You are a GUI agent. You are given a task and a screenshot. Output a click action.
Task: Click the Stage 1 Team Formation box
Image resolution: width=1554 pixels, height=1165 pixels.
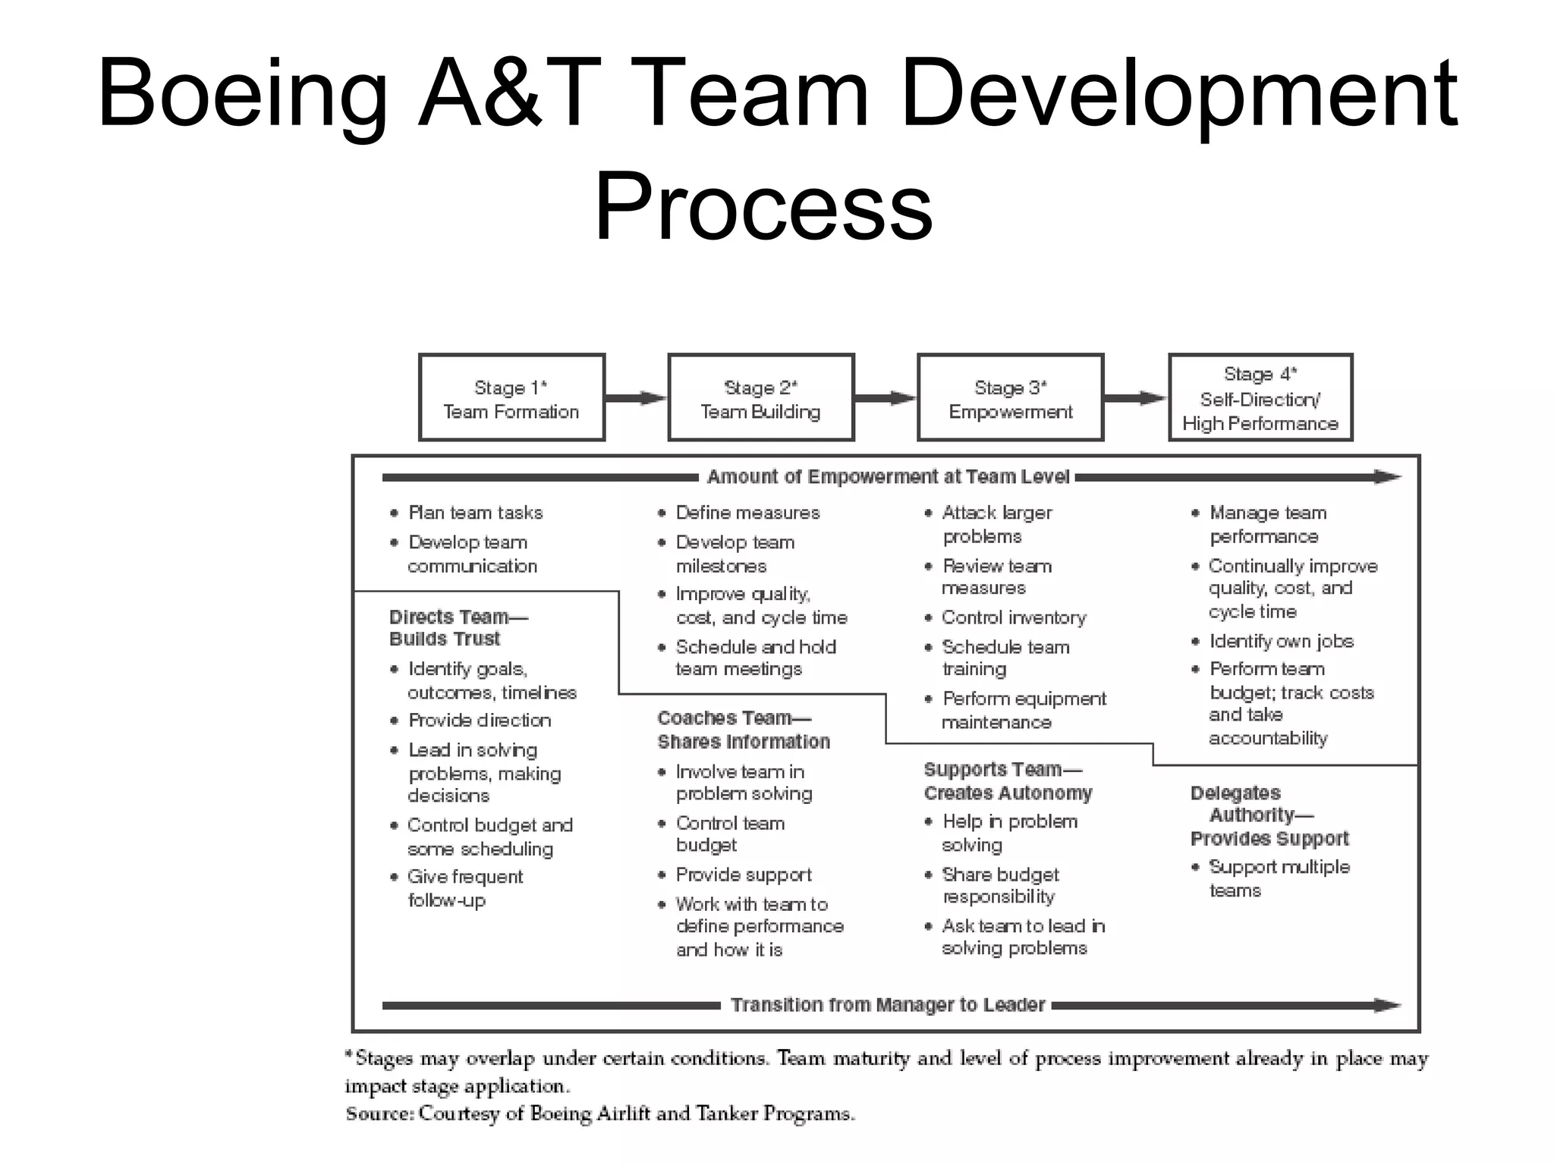pos(511,397)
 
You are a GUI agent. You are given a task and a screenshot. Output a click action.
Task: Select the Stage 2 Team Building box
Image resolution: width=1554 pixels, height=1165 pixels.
pos(760,397)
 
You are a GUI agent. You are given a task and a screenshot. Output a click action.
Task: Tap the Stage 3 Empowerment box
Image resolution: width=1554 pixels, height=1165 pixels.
pos(1010,397)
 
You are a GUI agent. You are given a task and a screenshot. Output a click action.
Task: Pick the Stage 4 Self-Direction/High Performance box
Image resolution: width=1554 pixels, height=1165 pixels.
pos(1260,397)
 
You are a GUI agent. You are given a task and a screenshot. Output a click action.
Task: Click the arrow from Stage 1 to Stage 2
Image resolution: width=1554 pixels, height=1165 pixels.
pos(636,398)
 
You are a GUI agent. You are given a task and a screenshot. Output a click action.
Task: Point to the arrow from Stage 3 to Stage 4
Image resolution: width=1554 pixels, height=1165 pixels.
pos(1135,398)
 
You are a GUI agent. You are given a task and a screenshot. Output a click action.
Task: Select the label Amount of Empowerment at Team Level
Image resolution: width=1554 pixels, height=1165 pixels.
pos(888,477)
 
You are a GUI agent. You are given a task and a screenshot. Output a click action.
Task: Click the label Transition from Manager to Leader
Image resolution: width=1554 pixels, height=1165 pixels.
pos(888,1005)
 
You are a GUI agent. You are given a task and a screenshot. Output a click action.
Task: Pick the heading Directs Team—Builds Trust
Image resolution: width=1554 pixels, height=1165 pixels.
pos(458,627)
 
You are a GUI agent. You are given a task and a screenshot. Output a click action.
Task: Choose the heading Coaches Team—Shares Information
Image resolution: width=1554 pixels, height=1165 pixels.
pos(743,730)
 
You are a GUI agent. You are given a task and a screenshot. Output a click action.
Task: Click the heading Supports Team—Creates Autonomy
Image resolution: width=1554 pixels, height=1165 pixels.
pos(1008,781)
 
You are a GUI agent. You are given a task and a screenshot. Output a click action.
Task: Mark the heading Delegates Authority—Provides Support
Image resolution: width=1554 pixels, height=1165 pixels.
pos(1269,815)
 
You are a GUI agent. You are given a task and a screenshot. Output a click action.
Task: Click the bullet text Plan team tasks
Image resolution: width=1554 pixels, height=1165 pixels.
pos(476,513)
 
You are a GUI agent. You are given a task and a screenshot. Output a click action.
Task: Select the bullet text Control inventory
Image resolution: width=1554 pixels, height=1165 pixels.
pos(1014,617)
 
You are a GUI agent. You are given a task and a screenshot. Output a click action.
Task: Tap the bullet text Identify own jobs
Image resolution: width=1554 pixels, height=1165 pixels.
pos(1281,641)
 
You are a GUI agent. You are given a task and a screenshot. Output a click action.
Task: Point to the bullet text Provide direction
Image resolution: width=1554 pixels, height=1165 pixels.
pos(480,720)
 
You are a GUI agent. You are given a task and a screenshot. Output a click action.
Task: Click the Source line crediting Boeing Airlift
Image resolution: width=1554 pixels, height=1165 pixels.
pos(600,1113)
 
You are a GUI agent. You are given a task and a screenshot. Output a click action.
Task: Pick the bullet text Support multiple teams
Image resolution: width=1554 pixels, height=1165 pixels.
pos(1279,878)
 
